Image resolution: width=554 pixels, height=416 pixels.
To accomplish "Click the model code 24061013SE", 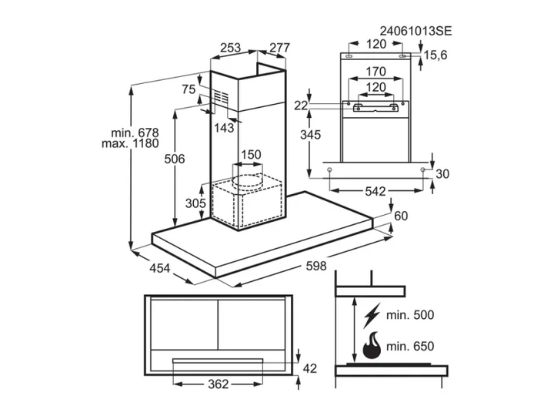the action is pyautogui.click(x=415, y=31).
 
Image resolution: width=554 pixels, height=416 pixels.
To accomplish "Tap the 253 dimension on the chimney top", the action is pyautogui.click(x=230, y=48).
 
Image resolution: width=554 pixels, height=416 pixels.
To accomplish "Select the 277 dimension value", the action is pyautogui.click(x=279, y=48).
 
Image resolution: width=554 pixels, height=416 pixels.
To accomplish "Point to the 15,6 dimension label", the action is pyautogui.click(x=436, y=55).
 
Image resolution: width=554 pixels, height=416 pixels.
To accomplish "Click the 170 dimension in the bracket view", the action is pyautogui.click(x=375, y=72).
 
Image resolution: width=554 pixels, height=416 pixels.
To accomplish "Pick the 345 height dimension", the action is pyautogui.click(x=310, y=134).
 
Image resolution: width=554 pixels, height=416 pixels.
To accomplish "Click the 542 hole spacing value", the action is pyautogui.click(x=375, y=191).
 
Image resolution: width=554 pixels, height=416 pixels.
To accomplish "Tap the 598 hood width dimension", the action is pyautogui.click(x=316, y=266).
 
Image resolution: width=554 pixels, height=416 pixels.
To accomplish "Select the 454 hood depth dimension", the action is pyautogui.click(x=160, y=268).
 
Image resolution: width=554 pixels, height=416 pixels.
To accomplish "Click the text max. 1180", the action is pyautogui.click(x=130, y=143).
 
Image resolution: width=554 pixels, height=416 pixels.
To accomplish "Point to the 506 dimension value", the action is pyautogui.click(x=175, y=159).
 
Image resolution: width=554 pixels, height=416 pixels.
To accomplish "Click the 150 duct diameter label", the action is pyautogui.click(x=251, y=155).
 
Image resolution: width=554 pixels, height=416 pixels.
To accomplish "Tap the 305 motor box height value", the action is pyautogui.click(x=195, y=203).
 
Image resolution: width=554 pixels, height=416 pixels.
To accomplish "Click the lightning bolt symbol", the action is pyautogui.click(x=372, y=315).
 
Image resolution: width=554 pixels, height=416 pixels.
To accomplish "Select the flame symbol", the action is pyautogui.click(x=372, y=346).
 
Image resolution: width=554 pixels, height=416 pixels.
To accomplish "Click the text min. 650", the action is pyautogui.click(x=410, y=346).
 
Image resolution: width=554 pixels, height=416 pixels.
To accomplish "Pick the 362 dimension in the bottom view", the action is pyautogui.click(x=219, y=384).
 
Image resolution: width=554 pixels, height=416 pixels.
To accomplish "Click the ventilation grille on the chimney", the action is pyautogui.click(x=221, y=96).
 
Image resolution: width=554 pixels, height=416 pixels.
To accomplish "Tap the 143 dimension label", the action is pyautogui.click(x=224, y=127).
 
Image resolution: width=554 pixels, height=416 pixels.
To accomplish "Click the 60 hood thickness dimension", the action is pyautogui.click(x=401, y=216).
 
